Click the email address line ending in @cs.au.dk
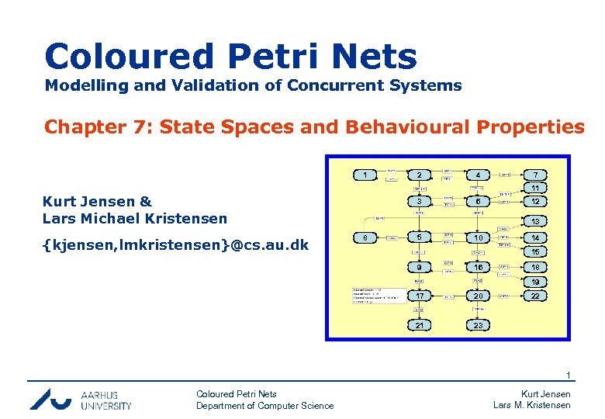[x=176, y=245]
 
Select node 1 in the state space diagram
[x=365, y=175]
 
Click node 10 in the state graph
[x=479, y=237]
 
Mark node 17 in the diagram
[x=419, y=296]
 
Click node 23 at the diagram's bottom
[x=479, y=325]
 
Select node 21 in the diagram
[x=419, y=325]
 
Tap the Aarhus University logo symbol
[x=52, y=398]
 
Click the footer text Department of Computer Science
[x=264, y=406]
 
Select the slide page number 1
[x=568, y=376]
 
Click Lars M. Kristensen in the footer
[x=532, y=406]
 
